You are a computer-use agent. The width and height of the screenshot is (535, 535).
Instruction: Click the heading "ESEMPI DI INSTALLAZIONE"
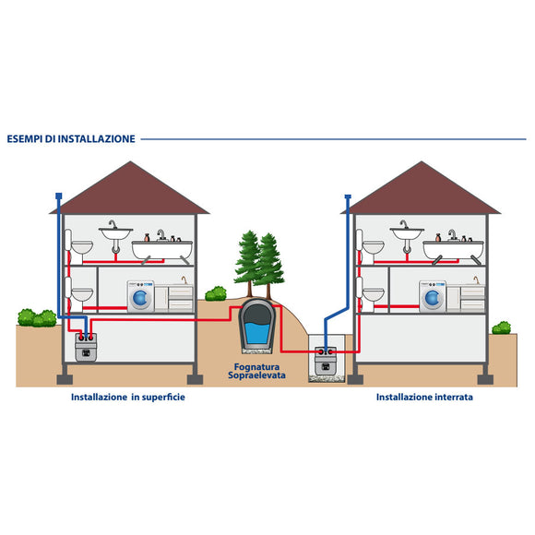click(x=71, y=139)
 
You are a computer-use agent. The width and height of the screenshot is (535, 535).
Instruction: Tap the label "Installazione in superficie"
click(x=128, y=398)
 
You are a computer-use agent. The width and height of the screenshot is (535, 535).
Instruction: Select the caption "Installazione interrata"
click(x=424, y=398)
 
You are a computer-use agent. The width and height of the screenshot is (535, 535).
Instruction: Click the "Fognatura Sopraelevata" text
click(x=256, y=371)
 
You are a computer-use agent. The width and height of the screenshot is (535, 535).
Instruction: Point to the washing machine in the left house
click(x=140, y=296)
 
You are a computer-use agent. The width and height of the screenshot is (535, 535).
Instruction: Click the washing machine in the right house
click(x=433, y=296)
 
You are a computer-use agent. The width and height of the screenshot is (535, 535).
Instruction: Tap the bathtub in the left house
click(x=162, y=250)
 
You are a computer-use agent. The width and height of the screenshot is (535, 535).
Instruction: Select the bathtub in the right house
click(x=454, y=250)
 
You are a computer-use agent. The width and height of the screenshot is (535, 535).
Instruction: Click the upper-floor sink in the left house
click(x=115, y=233)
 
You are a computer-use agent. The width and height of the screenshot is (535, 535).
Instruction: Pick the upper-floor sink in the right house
click(x=407, y=233)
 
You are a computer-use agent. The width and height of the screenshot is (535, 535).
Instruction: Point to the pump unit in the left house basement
click(x=86, y=347)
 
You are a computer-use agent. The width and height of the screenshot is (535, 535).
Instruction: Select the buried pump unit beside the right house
click(x=326, y=361)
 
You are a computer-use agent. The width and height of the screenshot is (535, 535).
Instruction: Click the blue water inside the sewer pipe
click(x=257, y=333)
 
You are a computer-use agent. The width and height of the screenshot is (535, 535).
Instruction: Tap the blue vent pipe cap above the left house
click(x=59, y=196)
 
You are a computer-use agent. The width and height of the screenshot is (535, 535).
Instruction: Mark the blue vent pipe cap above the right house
click(x=348, y=196)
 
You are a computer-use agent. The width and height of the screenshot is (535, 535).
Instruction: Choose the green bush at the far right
click(x=501, y=327)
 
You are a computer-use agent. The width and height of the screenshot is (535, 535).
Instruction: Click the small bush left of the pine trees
click(x=216, y=293)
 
